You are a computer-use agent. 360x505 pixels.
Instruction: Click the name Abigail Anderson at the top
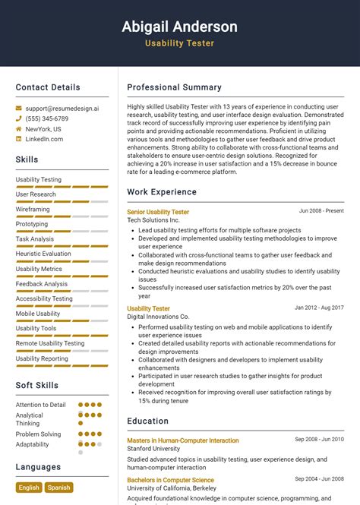point(179,27)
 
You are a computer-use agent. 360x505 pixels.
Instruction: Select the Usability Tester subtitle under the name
point(179,43)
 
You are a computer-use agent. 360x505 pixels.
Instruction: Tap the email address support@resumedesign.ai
point(62,109)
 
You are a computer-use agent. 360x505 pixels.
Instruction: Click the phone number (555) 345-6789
point(46,119)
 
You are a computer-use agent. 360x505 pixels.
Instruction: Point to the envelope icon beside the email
point(19,109)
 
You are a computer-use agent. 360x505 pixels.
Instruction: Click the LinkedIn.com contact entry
point(44,139)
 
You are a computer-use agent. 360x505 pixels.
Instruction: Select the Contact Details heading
point(48,87)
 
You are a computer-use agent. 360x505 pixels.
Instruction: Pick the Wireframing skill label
point(33,209)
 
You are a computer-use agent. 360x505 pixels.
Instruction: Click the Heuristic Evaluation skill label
point(43,254)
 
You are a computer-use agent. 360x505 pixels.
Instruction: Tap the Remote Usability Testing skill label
point(50,343)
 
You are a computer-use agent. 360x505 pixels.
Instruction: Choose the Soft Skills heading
point(37,385)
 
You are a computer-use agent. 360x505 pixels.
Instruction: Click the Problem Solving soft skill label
point(39,434)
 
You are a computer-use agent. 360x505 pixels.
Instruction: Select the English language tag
point(29,488)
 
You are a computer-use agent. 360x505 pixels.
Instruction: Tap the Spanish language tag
point(58,488)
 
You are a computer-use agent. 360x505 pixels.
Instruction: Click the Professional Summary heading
point(174,87)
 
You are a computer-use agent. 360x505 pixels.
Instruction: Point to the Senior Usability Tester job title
point(158,212)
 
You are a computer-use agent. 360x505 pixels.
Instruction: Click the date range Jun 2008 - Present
point(321,211)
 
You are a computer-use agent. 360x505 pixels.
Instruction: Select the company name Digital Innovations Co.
point(158,317)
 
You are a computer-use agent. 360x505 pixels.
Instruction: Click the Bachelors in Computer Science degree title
point(170,480)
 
